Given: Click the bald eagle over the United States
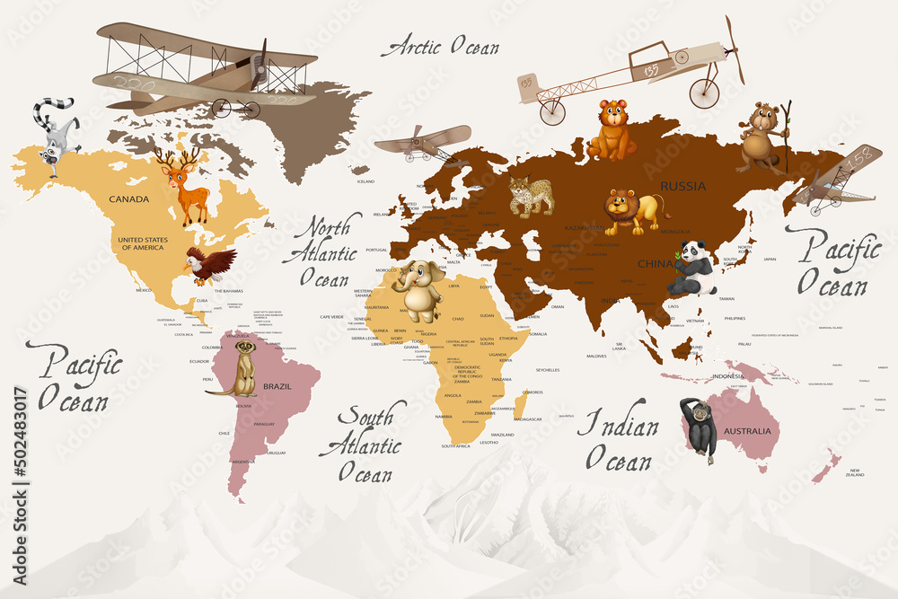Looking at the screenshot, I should coord(209,265).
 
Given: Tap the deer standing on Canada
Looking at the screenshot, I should coord(186,186).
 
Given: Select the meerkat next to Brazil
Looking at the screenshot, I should coord(242,367).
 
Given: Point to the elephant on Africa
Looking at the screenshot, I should coord(418,289).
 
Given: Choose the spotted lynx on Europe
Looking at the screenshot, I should coord(530,197).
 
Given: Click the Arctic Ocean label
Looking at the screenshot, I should coord(440,47).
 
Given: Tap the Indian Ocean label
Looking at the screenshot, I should coord(617,440).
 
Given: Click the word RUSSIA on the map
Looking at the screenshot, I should coord(683,186).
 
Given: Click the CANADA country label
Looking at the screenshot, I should coord(128,198).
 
